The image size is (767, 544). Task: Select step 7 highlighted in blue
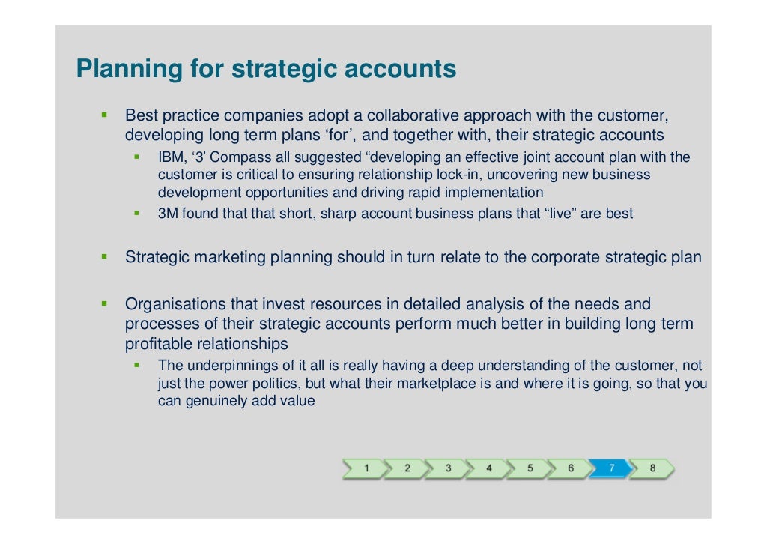click(611, 468)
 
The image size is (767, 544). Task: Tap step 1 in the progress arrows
click(366, 468)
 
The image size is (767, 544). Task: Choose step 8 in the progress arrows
click(652, 468)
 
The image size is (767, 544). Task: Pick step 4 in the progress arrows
click(489, 468)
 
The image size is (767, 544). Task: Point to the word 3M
click(167, 214)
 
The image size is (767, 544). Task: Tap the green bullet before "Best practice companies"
click(105, 115)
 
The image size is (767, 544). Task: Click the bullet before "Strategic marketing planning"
click(105, 257)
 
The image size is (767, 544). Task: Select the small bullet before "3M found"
click(137, 214)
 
